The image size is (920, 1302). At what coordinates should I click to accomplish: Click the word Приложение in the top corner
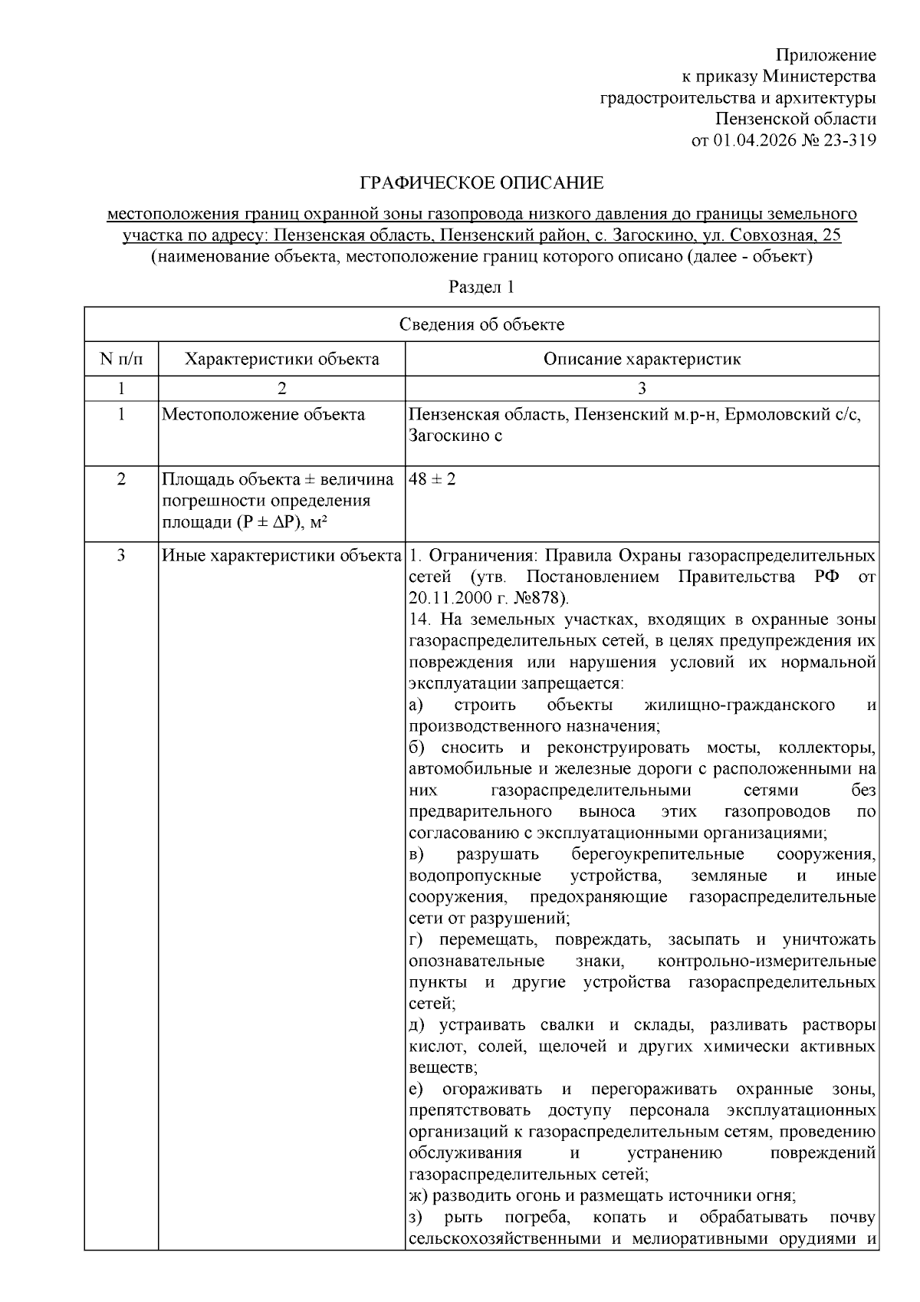[x=825, y=55]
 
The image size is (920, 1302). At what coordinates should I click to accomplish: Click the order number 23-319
[x=849, y=140]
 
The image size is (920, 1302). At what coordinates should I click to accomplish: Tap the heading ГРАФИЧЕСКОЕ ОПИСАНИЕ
[x=481, y=183]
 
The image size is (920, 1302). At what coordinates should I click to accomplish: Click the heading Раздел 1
[x=481, y=288]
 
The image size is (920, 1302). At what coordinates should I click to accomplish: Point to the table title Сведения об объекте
[x=481, y=324]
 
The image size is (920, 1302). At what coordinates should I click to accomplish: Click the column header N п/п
[x=121, y=359]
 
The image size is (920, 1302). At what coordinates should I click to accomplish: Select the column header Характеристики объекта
[x=282, y=359]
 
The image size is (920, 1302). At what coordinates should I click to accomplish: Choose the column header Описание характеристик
[x=642, y=359]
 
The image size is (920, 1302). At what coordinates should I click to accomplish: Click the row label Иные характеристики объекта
[x=282, y=555]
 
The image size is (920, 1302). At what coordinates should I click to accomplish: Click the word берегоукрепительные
[x=657, y=854]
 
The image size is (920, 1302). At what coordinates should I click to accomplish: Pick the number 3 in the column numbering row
[x=642, y=388]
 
